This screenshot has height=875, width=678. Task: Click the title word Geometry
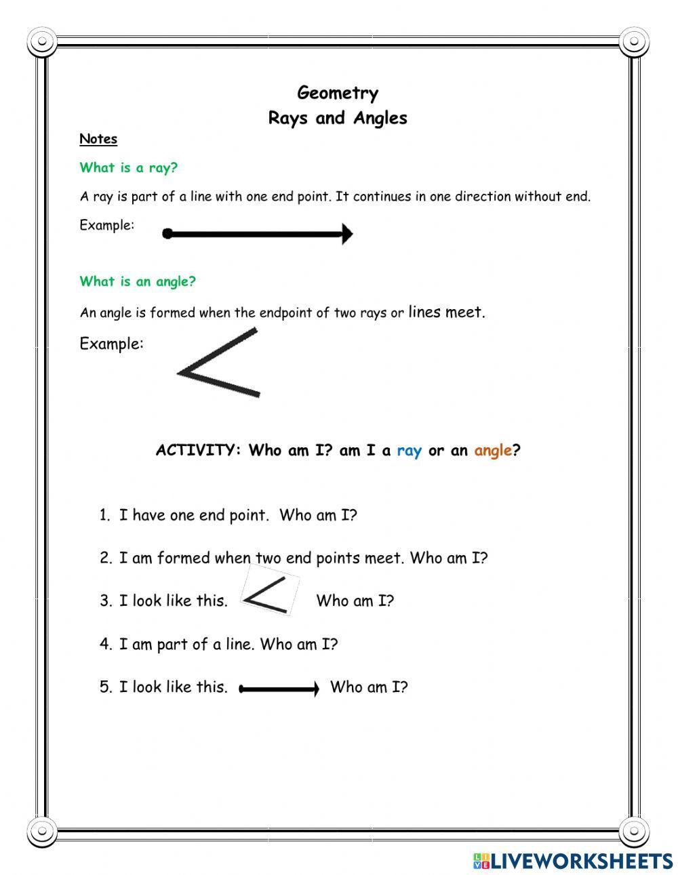tap(338, 93)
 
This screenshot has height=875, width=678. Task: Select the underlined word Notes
tap(98, 139)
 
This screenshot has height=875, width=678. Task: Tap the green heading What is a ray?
tap(128, 167)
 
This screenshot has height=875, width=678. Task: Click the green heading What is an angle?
tap(138, 281)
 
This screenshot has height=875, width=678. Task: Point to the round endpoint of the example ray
tap(167, 235)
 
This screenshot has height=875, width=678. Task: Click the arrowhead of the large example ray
tap(347, 235)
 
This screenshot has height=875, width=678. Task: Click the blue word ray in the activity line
tap(409, 451)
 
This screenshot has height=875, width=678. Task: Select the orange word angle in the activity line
tap(493, 451)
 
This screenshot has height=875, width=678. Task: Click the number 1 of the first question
tap(104, 516)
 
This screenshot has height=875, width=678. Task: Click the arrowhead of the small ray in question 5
tap(314, 689)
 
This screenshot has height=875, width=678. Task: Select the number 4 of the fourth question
tap(105, 645)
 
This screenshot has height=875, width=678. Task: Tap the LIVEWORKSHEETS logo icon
tap(481, 861)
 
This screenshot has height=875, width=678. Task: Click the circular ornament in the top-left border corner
tap(43, 42)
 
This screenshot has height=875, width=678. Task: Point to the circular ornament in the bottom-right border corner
tap(635, 830)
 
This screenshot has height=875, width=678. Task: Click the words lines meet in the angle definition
tap(446, 312)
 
